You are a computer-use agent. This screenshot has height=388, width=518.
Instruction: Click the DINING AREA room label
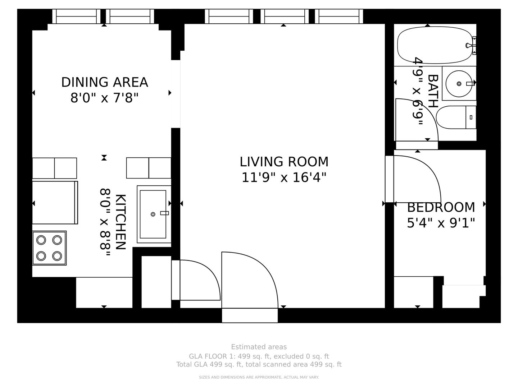(x=105, y=82)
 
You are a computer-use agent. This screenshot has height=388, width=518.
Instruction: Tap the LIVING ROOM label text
(x=284, y=162)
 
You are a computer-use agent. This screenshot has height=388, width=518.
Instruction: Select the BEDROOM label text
(x=441, y=207)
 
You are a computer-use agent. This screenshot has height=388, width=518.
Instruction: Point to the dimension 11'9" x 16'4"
(x=284, y=177)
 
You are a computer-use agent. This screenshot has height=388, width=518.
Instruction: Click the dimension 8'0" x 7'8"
(x=104, y=98)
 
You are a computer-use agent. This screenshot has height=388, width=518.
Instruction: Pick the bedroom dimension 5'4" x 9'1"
(x=441, y=223)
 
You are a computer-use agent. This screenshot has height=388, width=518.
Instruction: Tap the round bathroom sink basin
(x=459, y=84)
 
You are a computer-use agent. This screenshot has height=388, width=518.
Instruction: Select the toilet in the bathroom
(x=456, y=117)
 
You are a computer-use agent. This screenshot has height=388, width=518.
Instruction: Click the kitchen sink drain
(x=153, y=214)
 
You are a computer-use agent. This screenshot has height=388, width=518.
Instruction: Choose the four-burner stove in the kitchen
(x=49, y=248)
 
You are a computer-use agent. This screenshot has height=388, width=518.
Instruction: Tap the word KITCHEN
(x=121, y=222)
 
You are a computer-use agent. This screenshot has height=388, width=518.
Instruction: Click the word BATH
(x=433, y=91)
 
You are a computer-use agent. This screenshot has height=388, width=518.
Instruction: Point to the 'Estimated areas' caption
(x=259, y=347)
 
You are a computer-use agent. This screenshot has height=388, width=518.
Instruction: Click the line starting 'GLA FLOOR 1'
(x=259, y=356)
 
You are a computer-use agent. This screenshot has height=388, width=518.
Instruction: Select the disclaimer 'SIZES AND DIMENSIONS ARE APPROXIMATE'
(x=259, y=377)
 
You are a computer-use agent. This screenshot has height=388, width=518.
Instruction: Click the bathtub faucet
(x=471, y=46)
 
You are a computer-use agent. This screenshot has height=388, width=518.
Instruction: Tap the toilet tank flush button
(x=471, y=117)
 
